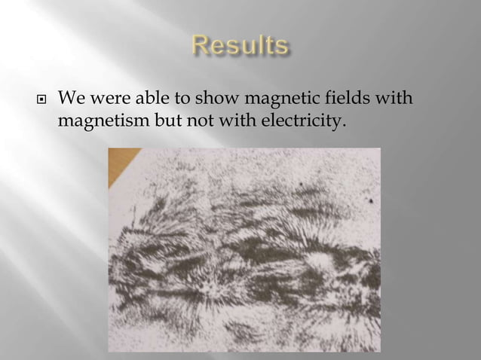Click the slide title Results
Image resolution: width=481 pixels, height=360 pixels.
click(240, 47)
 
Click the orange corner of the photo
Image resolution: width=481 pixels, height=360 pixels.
click(118, 156)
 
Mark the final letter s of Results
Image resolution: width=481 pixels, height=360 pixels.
click(280, 48)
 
